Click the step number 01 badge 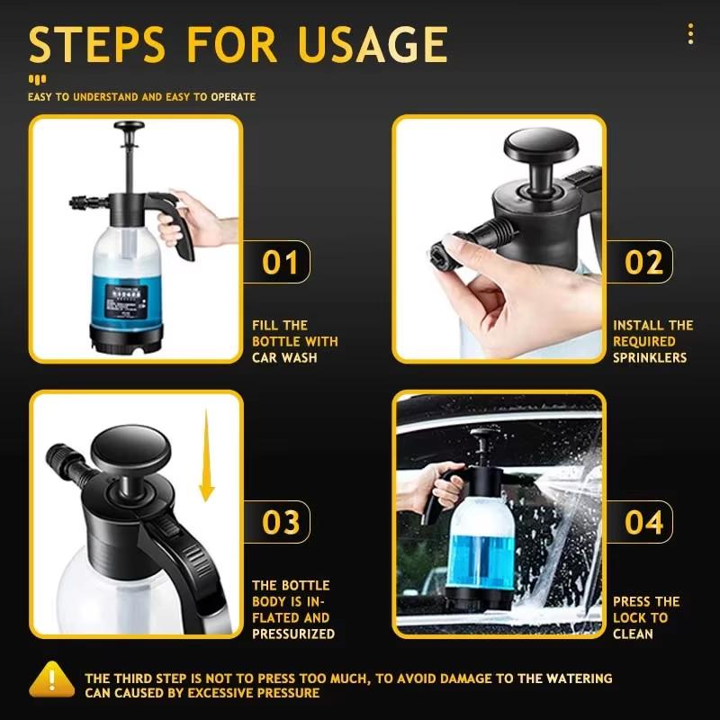[280, 263]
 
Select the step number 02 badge [643, 263]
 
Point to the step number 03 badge [280, 522]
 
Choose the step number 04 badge [643, 522]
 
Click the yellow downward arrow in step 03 [207, 455]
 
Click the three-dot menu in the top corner [690, 34]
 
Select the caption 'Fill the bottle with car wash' [294, 341]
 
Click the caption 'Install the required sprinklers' [653, 341]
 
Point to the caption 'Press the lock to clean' [646, 617]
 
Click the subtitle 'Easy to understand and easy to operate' [141, 96]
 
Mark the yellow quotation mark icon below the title [37, 78]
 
